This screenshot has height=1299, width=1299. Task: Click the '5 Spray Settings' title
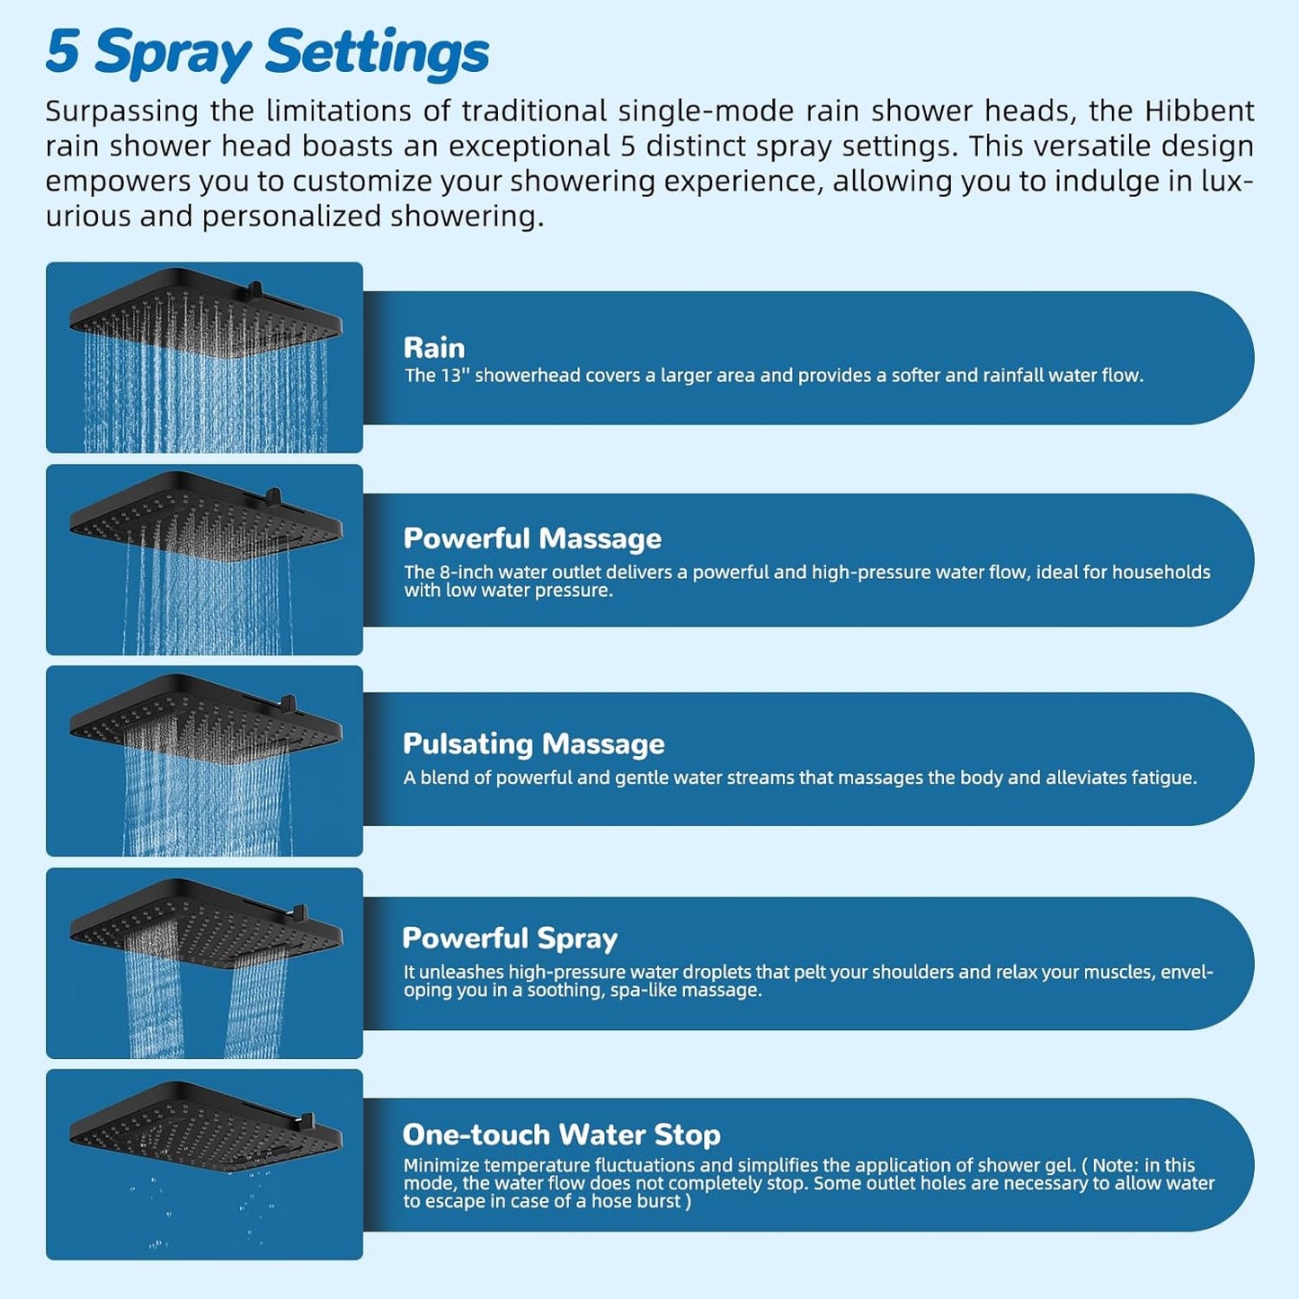coord(267,52)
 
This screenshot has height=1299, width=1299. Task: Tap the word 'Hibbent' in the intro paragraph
coord(1198,111)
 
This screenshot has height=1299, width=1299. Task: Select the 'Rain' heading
coord(434,348)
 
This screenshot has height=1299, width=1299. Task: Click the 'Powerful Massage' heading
coord(532,538)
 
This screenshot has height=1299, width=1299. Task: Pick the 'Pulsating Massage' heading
coord(533,743)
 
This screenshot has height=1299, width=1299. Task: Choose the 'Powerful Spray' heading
coord(510,938)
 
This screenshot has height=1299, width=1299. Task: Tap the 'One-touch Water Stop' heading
coord(561,1134)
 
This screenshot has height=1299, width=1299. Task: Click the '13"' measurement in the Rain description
coord(454,376)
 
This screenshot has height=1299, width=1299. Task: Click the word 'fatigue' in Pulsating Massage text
coord(1163,778)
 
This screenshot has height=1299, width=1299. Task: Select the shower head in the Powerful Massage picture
coord(206,516)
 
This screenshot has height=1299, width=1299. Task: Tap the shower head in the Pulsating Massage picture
coord(206,718)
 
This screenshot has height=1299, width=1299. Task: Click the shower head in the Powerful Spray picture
coord(206,921)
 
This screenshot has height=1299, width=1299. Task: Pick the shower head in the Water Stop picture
coord(206,1124)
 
